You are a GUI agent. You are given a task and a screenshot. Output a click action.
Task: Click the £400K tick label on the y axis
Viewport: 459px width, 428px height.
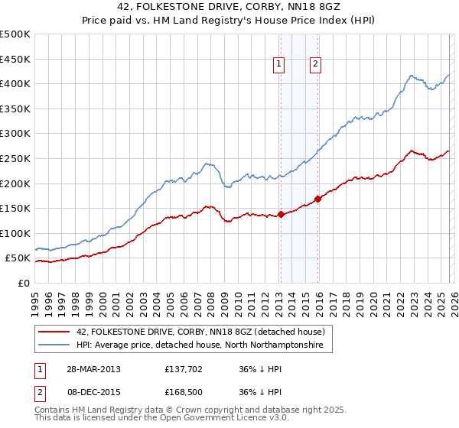(x=15, y=83)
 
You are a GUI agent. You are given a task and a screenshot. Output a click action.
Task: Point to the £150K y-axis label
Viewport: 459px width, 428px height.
(x=15, y=208)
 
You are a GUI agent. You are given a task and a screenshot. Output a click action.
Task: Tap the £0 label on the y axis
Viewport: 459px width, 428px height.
(x=23, y=283)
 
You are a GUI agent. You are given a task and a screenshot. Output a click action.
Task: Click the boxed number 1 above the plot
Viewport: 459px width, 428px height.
(x=279, y=65)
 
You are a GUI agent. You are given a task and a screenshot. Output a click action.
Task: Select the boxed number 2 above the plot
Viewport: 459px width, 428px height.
(x=315, y=65)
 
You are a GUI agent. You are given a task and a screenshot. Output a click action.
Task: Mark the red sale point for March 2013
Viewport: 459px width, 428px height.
(x=281, y=214)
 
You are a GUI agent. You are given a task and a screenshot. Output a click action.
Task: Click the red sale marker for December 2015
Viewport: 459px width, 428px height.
(x=317, y=199)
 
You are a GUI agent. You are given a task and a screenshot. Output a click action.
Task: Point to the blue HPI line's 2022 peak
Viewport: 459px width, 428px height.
(x=412, y=76)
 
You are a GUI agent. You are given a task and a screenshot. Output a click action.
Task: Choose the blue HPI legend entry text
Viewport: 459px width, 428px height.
(x=200, y=345)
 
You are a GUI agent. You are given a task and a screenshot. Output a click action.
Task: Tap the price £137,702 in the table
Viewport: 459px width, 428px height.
(x=182, y=368)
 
